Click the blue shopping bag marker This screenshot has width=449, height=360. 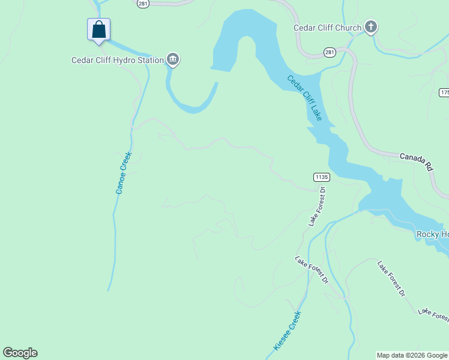point(99,29)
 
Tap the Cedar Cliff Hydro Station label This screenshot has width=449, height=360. point(117,60)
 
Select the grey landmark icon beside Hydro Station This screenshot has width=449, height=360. point(173,59)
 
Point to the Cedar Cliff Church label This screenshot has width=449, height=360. point(327,28)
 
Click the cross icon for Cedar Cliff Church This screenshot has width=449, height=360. point(371,27)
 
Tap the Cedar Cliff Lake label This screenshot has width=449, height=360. point(304,98)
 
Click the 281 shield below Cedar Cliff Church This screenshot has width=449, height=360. point(330,53)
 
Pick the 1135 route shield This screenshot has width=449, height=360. point(321,177)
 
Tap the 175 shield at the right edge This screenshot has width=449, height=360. point(444,92)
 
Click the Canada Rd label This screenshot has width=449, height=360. point(416,160)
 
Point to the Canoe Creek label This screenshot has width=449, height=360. point(123,172)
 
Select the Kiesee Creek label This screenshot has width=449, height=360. point(286,331)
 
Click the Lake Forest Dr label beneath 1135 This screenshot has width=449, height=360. point(316,207)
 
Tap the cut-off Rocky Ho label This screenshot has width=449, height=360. point(432,234)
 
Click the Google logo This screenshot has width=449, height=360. point(20,353)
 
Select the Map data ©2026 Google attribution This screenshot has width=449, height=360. point(412,355)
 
